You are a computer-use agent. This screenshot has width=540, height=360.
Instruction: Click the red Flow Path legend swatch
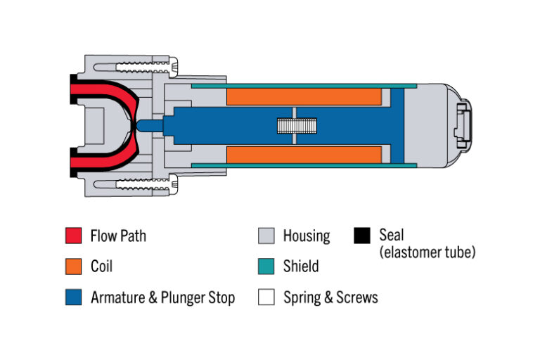(x=72, y=236)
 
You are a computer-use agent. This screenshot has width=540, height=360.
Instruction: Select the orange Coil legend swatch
(x=72, y=266)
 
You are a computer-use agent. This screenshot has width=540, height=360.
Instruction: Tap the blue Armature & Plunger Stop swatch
(x=72, y=297)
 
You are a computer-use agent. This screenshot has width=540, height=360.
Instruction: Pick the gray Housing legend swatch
(x=265, y=236)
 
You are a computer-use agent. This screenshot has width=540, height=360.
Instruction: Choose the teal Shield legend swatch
(x=265, y=266)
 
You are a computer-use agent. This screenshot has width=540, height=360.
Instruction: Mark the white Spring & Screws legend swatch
(x=265, y=297)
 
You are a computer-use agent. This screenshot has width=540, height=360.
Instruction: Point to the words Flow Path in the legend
(x=118, y=236)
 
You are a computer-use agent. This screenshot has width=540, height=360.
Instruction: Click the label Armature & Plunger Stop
(x=162, y=297)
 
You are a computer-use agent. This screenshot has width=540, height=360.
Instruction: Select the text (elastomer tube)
(x=427, y=252)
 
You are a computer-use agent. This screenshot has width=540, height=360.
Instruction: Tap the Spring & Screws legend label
(x=330, y=297)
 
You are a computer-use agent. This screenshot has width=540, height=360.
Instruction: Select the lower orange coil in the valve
(x=304, y=155)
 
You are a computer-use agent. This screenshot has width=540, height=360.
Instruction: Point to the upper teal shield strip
(x=302, y=86)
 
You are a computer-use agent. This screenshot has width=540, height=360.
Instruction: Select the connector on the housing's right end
(x=463, y=127)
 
